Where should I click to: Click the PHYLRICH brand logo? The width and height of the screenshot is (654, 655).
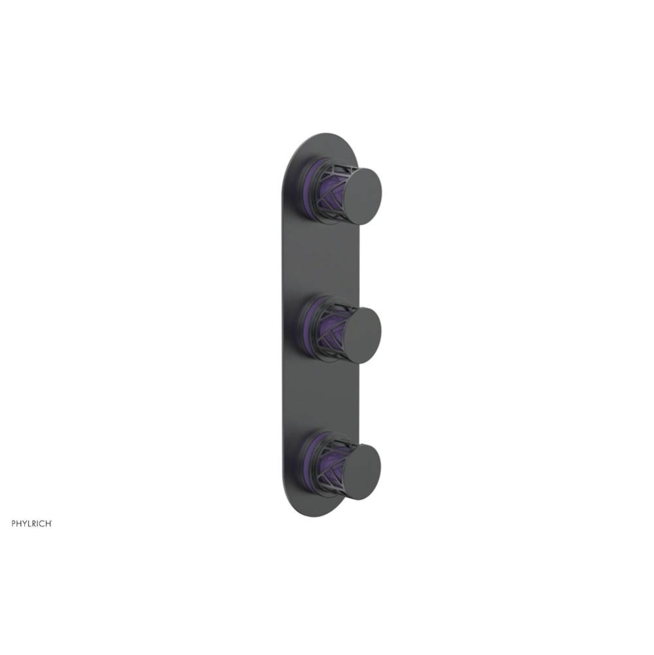tap(31, 523)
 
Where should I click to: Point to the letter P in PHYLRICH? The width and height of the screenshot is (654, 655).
tap(13, 523)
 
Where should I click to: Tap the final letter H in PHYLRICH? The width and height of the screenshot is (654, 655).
tap(48, 523)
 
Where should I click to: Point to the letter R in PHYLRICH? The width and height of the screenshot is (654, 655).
tap(34, 523)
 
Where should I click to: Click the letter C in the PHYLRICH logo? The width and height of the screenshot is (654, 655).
tap(43, 523)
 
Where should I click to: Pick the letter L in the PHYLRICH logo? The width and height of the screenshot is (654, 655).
tap(29, 523)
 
